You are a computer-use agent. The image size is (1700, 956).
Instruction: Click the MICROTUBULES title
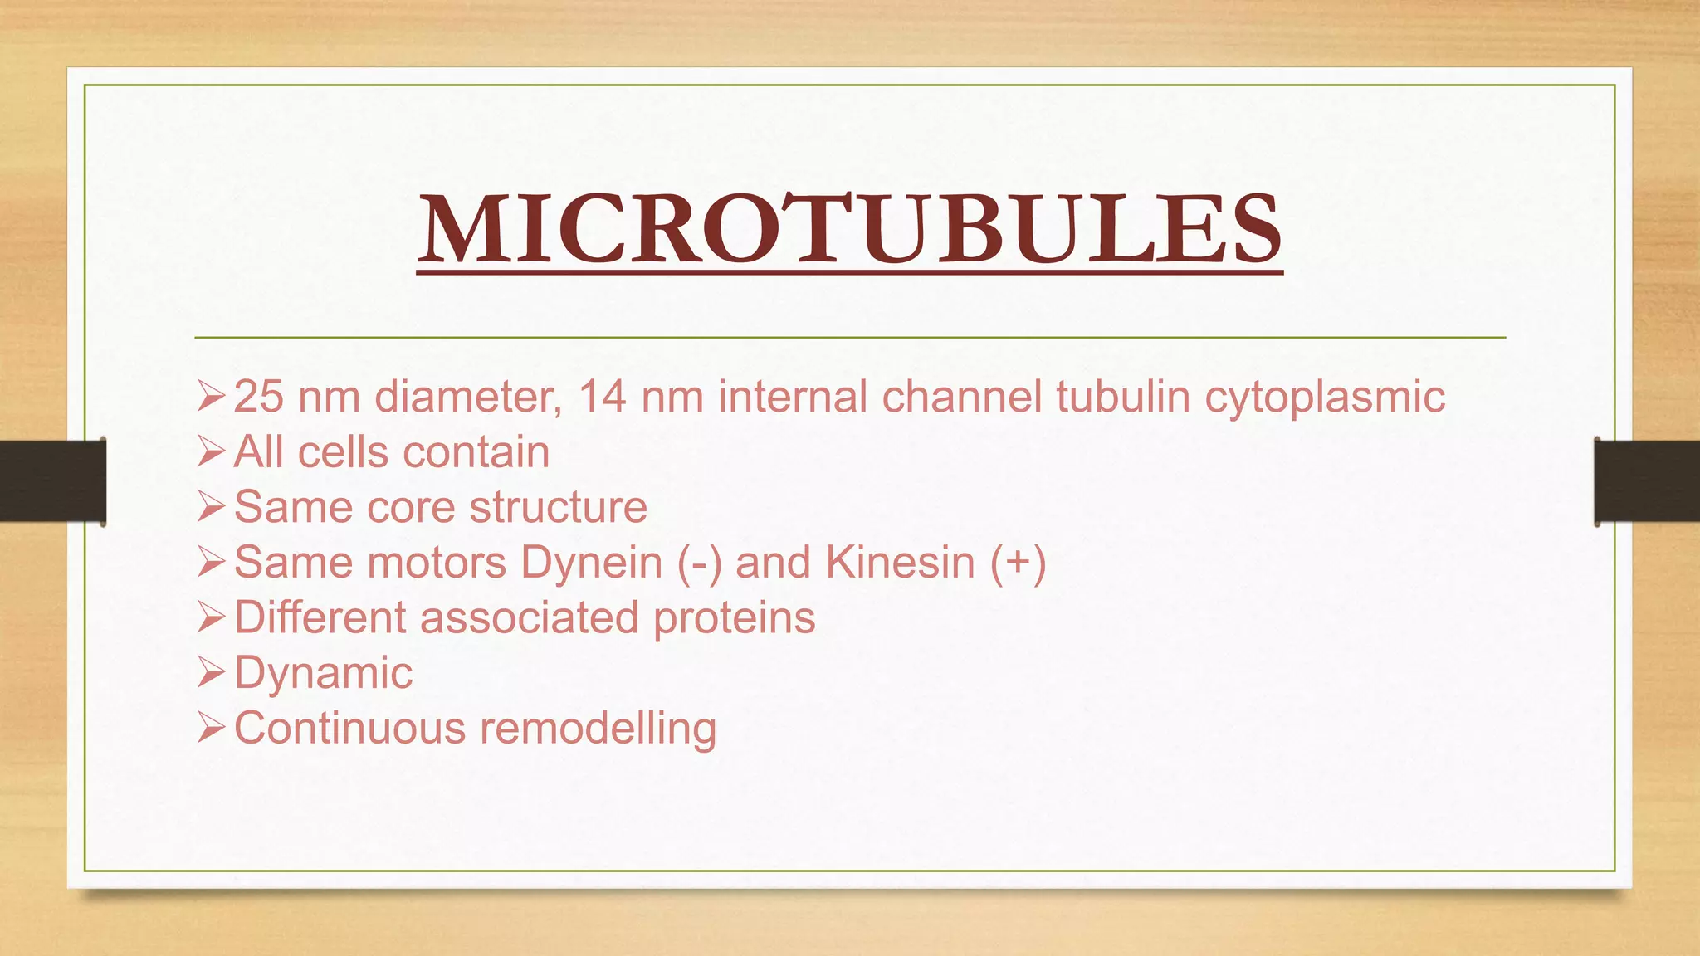pos(850,229)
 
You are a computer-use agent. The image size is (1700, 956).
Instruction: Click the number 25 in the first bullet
pos(258,397)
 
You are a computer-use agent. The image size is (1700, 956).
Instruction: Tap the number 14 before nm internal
pos(602,397)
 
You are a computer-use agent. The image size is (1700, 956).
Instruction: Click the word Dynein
pos(591,563)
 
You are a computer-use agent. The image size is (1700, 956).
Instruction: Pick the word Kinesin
pos(900,563)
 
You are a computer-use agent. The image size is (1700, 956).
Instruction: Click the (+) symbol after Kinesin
pos(1018,563)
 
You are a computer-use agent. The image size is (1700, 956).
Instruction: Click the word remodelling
pos(598,729)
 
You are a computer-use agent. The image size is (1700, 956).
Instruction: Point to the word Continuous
pos(349,729)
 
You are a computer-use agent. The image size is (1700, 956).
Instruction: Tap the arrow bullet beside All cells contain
pos(211,452)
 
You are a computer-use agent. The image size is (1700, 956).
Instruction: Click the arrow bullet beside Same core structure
pos(211,507)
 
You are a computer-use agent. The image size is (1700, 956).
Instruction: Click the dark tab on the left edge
pos(52,481)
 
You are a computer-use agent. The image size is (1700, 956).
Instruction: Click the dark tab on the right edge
pos(1647,481)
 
